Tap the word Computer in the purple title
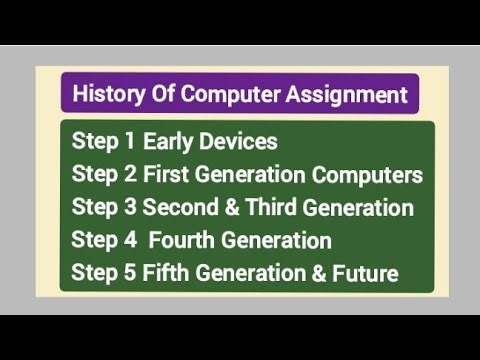[x=243, y=96]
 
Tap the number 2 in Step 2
[x=129, y=176]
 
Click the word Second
[x=178, y=208]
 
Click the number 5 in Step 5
[x=129, y=273]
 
